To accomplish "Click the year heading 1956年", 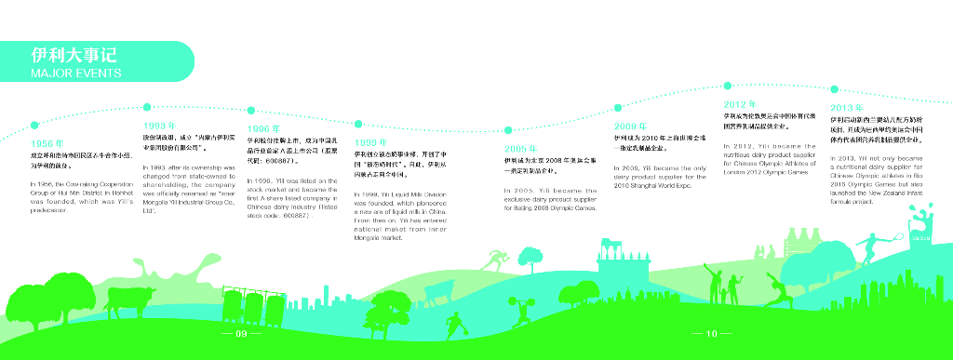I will [x=47, y=144].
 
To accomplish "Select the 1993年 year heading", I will [x=160, y=125].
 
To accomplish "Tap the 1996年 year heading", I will [x=263, y=128].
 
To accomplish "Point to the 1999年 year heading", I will [x=371, y=142].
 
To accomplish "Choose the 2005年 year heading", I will [x=520, y=149].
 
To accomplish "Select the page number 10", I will [x=712, y=333].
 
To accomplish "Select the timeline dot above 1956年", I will [x=34, y=123].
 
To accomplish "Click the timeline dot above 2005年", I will [x=508, y=129].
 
